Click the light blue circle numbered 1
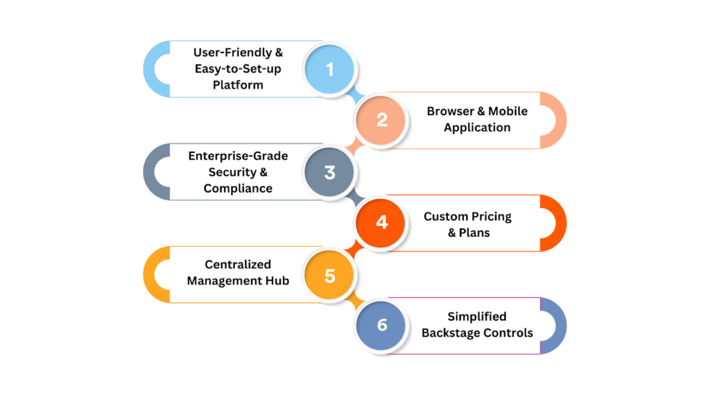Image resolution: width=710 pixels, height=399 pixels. click(329, 69)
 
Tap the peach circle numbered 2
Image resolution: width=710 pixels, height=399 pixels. click(382, 120)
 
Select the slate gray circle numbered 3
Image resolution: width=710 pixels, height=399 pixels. click(329, 172)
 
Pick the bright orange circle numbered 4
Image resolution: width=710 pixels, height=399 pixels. click(382, 223)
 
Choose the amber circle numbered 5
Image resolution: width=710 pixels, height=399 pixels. click(329, 275)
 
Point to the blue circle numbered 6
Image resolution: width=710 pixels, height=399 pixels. click(382, 326)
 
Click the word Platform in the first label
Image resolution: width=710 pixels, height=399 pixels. click(238, 85)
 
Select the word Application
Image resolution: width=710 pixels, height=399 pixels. click(477, 127)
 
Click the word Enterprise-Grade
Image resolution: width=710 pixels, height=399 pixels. click(238, 156)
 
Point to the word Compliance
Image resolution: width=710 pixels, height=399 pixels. click(238, 188)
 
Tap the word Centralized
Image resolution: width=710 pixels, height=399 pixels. click(238, 264)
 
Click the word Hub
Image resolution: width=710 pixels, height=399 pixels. click(277, 281)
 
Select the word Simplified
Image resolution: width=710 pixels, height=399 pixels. click(477, 317)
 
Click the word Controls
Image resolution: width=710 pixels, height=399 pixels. click(510, 333)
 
